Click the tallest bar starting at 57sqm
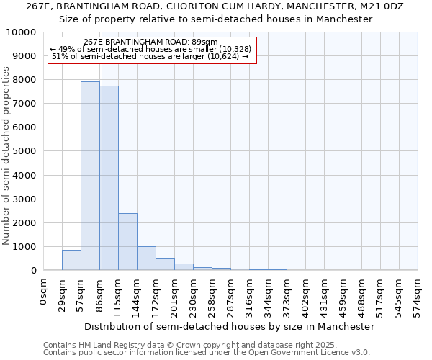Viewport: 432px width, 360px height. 90,176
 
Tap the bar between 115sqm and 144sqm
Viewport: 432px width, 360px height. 127,242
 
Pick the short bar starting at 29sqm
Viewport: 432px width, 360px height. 71,260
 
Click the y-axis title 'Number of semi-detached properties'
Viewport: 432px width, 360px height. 7,156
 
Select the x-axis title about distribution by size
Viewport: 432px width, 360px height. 229,326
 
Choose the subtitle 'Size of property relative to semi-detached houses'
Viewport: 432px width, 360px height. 215,19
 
